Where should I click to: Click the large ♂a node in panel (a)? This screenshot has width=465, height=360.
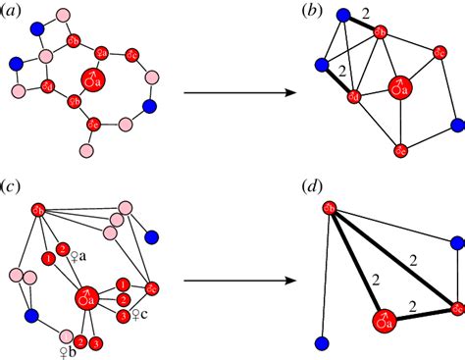tap(92, 77)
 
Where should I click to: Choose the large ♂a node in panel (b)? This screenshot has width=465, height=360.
tap(399, 87)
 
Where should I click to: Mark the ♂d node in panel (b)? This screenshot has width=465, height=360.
tap(354, 95)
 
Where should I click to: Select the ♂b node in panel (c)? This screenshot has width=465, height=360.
tap(39, 210)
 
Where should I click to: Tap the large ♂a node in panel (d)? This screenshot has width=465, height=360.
tap(384, 320)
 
